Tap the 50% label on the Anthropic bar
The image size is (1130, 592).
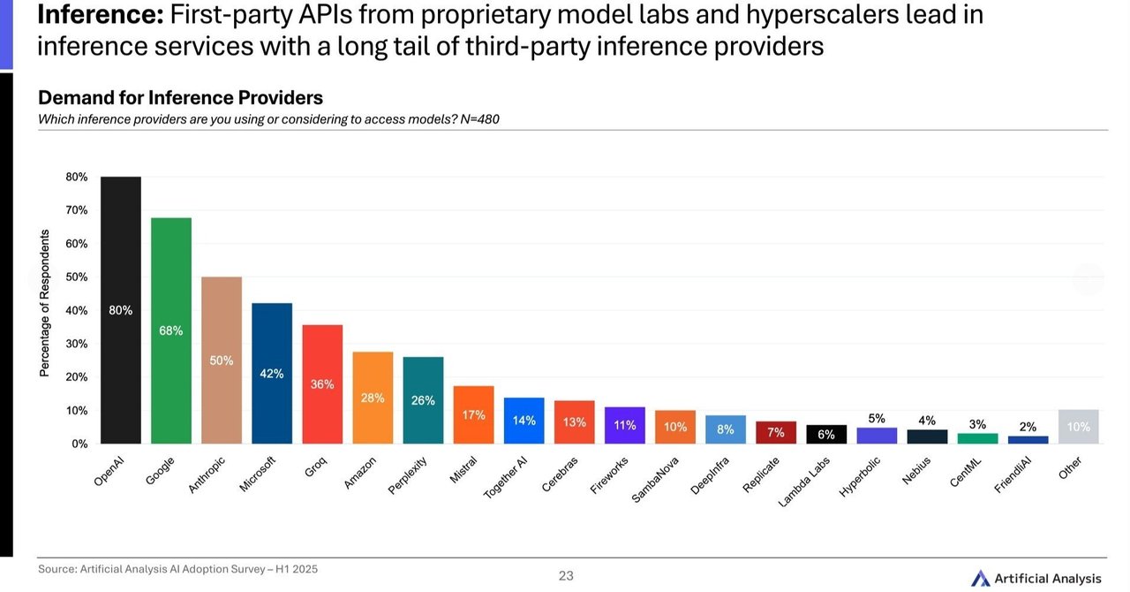(222, 361)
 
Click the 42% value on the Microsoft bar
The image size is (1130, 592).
(272, 374)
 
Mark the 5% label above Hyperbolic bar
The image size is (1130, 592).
(877, 419)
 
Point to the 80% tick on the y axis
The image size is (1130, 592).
(77, 178)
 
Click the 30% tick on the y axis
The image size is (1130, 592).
(77, 344)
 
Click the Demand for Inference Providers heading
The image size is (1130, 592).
(180, 98)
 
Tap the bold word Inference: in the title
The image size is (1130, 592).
(99, 15)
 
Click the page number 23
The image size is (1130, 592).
(566, 576)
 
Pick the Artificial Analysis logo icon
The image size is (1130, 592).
(980, 579)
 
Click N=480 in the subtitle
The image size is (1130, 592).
(479, 119)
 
